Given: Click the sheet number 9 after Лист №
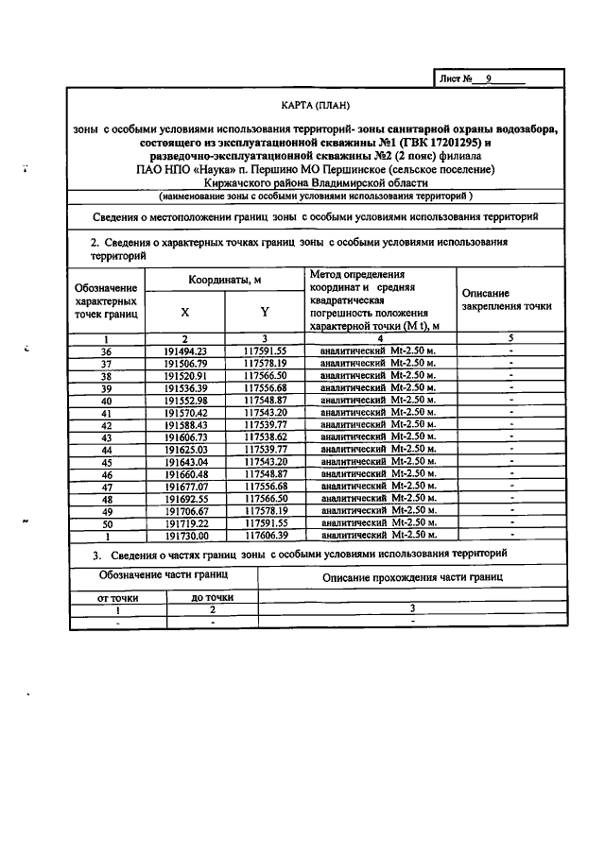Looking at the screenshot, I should tap(488, 79).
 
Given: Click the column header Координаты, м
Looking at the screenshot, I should tap(224, 280).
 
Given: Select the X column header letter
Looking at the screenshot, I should tap(184, 313).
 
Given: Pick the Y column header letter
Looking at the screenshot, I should tap(264, 313).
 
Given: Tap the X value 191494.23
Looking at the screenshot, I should tap(184, 351).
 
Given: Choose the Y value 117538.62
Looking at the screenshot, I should tap(264, 436).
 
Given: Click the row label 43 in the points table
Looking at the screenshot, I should tap(106, 436).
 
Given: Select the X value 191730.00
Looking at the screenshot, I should tap(184, 535).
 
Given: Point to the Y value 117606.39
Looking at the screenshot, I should tap(264, 535).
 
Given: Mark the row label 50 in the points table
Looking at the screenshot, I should tap(106, 522).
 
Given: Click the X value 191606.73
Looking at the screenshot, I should tap(184, 436).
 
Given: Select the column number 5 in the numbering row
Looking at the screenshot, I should tap(510, 338).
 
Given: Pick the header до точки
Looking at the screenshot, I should tap(213, 598).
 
